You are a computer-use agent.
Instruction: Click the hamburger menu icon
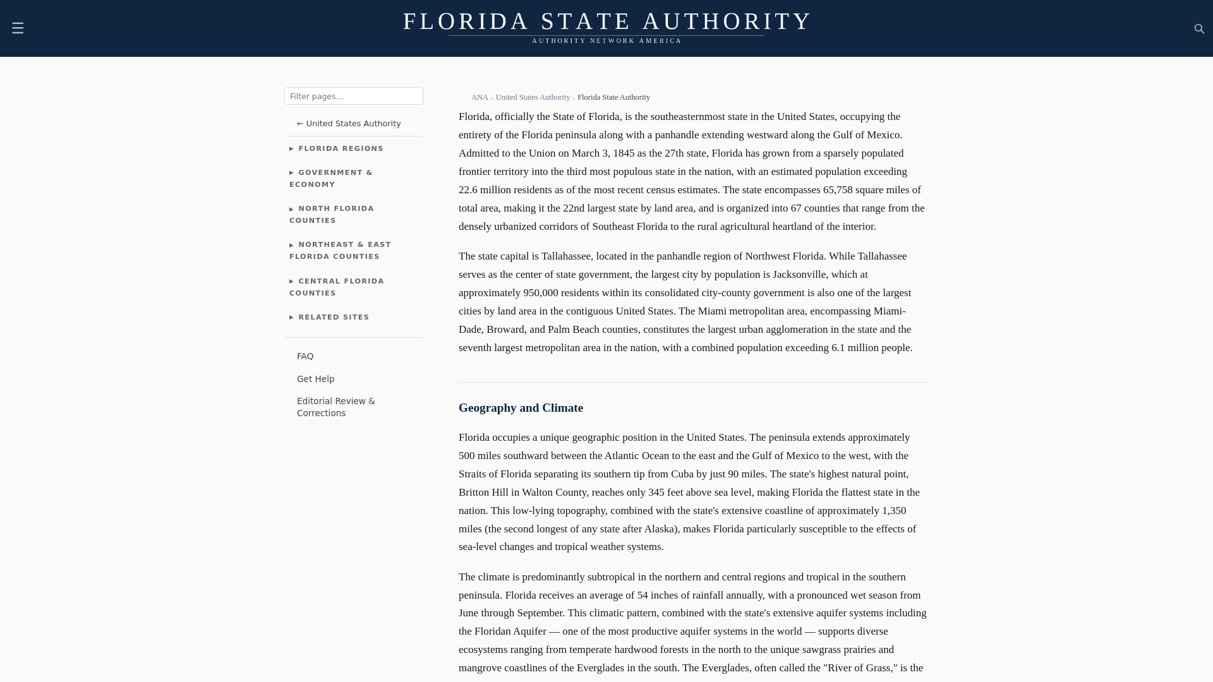click(18, 28)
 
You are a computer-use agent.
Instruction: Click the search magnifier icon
click(1199, 29)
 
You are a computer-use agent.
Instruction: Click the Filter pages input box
click(353, 96)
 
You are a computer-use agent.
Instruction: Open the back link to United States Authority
click(349, 124)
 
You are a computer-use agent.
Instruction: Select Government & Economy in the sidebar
click(331, 179)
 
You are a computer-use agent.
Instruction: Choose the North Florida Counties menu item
click(332, 215)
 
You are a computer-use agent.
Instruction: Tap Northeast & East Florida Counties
click(340, 251)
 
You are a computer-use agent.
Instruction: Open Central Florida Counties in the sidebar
click(337, 287)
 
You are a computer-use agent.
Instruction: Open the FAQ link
click(305, 357)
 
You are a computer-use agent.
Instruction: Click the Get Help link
click(315, 380)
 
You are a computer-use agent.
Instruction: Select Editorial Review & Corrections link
click(335, 407)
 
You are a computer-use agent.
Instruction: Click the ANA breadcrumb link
click(480, 97)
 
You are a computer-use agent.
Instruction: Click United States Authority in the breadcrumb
click(533, 97)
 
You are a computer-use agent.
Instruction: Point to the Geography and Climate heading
click(521, 408)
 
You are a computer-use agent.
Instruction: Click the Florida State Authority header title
click(606, 21)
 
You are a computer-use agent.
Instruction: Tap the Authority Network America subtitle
click(606, 41)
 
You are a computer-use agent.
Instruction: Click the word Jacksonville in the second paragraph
click(799, 275)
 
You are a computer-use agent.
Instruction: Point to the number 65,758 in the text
click(837, 190)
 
